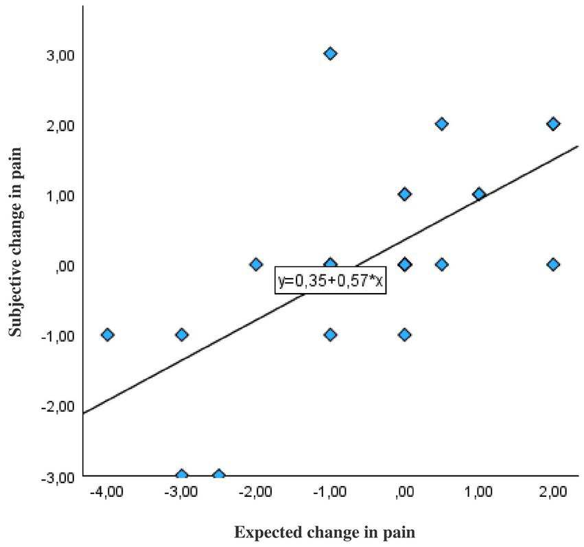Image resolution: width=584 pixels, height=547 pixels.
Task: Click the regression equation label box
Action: [x=331, y=281]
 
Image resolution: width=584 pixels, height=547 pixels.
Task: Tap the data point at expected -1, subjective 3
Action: [x=330, y=54]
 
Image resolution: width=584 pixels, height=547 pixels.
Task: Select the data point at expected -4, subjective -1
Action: [x=107, y=334]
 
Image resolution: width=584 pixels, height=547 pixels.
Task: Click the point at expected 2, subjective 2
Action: [x=552, y=124]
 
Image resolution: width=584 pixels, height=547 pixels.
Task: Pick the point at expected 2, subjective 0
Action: [x=552, y=264]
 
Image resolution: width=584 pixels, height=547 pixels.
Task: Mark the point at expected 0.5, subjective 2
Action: [x=442, y=124]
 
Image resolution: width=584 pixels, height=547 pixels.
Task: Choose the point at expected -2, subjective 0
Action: [x=256, y=264]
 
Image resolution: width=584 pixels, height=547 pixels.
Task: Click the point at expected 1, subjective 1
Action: [x=478, y=194]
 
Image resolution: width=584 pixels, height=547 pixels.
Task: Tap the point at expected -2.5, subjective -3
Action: [x=219, y=475]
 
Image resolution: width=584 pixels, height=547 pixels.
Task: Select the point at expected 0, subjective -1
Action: [x=405, y=334]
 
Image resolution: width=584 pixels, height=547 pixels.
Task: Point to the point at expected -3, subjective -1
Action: [x=182, y=334]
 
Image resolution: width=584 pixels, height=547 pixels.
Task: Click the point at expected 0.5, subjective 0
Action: [x=442, y=264]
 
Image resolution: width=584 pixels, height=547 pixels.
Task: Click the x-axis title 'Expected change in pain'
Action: [x=325, y=532]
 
